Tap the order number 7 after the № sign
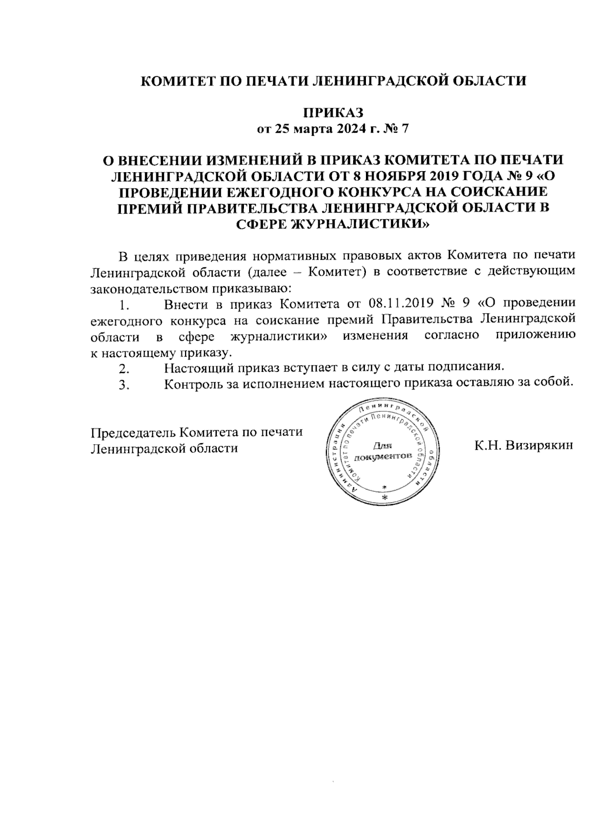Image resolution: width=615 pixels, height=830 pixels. point(405,129)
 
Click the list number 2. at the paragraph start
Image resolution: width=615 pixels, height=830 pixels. point(123,368)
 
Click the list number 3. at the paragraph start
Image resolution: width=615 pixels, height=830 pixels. point(123,384)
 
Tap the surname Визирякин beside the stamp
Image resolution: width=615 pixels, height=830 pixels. point(539,445)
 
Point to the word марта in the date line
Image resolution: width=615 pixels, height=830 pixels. point(310,129)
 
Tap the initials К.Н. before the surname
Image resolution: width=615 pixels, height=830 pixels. point(487,445)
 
